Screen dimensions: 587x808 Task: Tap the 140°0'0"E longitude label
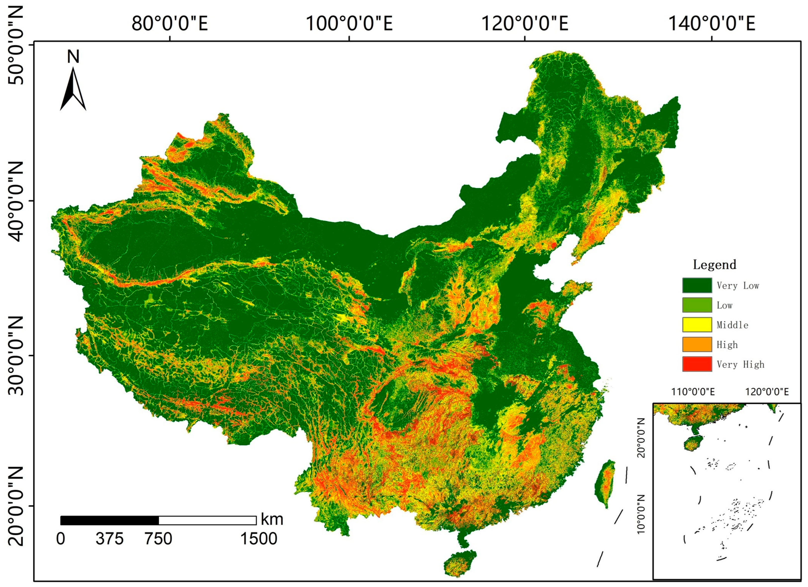click(712, 24)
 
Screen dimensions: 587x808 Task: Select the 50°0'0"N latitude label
click(15, 45)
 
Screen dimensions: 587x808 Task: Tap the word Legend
click(714, 264)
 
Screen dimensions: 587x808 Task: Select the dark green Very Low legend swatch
click(697, 285)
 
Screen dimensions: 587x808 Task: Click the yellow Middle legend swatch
click(697, 325)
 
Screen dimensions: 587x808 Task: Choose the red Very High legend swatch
click(697, 364)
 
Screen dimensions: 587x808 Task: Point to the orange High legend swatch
click(697, 344)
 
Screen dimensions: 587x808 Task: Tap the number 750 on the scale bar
click(158, 538)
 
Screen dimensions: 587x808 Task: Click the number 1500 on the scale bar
click(259, 538)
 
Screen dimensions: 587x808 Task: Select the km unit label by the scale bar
click(272, 519)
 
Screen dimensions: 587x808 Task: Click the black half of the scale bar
click(110, 520)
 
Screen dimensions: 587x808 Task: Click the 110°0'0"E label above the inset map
click(693, 392)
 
